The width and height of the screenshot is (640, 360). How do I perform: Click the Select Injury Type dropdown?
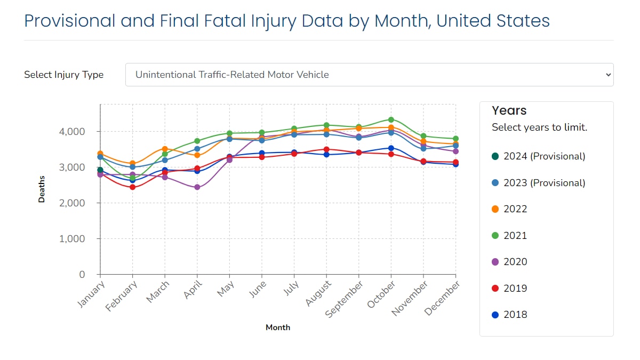point(369,75)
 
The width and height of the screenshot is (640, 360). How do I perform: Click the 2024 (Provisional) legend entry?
point(538,156)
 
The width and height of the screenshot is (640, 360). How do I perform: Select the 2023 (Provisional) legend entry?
point(538,183)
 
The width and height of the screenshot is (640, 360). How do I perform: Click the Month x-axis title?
point(278,327)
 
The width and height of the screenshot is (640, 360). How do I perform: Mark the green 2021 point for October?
point(391,120)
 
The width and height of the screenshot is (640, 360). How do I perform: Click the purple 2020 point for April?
point(197,187)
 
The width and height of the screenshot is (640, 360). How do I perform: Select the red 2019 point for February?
point(132,187)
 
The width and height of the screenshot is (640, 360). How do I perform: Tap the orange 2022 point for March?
point(165,149)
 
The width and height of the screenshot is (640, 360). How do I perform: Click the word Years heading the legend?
point(509,110)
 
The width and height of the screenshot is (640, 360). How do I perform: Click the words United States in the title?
point(493,21)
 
